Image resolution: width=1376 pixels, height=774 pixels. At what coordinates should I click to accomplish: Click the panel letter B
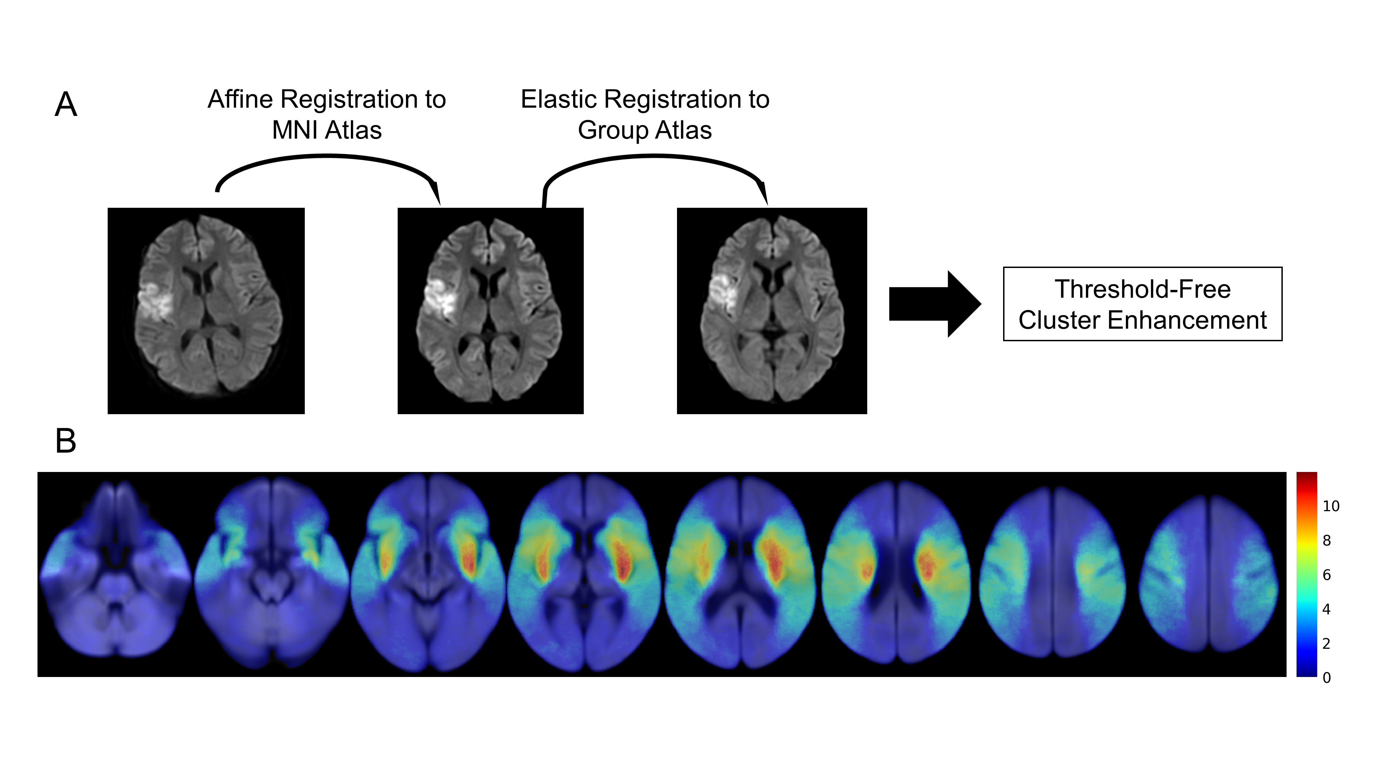(66, 441)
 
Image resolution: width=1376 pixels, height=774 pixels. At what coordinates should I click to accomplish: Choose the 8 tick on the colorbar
(1326, 540)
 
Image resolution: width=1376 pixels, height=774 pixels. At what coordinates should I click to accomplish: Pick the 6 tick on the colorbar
(1326, 575)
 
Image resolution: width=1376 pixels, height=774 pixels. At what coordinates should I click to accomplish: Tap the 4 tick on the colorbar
(1326, 609)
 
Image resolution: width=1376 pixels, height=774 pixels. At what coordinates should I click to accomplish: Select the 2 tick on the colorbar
(1326, 644)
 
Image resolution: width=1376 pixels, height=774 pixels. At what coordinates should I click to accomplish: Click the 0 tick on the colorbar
(1326, 678)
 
